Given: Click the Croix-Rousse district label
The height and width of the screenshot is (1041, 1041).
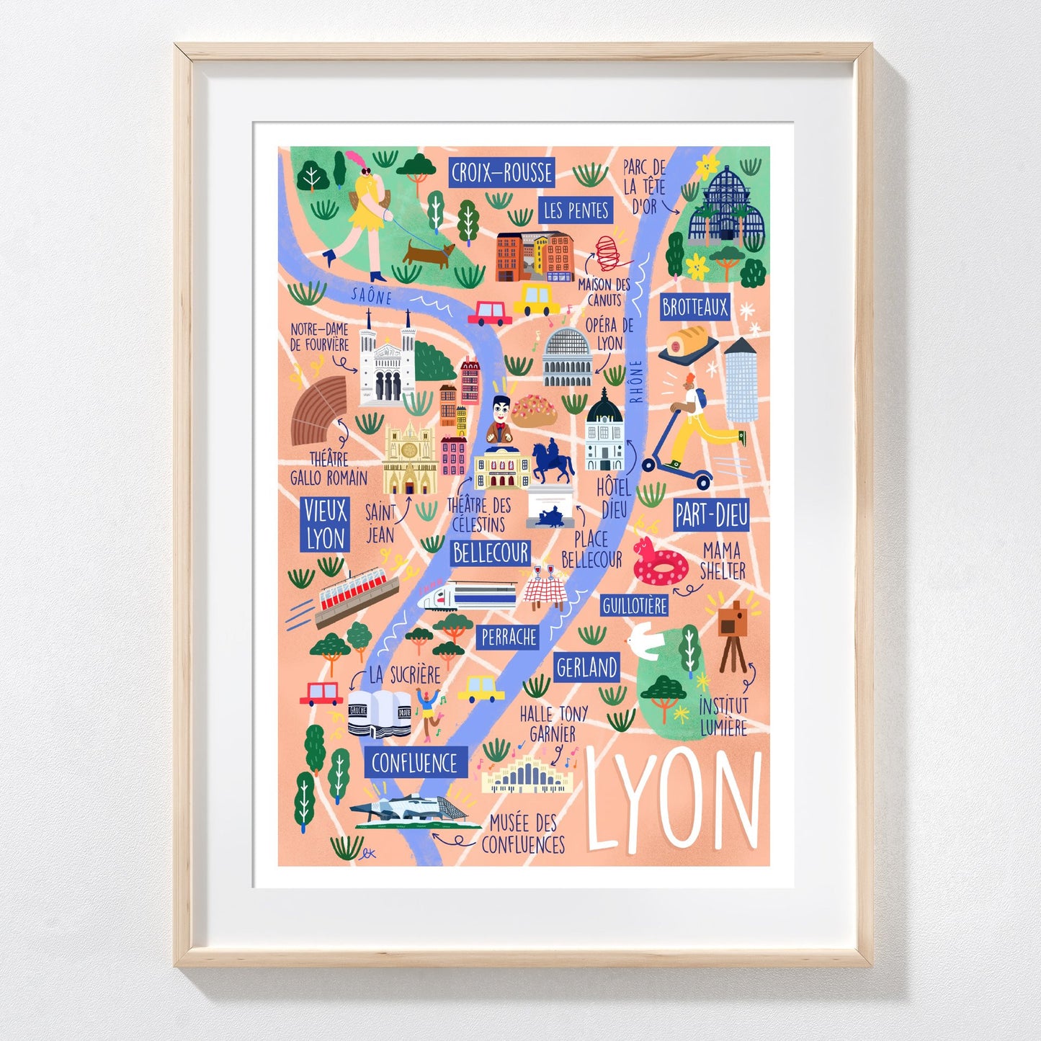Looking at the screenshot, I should coord(501,173).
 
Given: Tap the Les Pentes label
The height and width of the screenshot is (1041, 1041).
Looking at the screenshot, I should coord(576,210).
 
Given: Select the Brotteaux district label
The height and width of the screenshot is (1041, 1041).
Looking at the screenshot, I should coord(695,308).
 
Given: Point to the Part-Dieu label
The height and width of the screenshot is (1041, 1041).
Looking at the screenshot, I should coord(711,515).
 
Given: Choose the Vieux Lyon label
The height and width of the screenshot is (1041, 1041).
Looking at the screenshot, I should coord(325,524).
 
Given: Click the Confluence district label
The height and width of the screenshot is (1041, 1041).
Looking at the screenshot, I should coord(415,763).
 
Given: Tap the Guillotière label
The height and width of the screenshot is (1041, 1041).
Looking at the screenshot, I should coord(635,606).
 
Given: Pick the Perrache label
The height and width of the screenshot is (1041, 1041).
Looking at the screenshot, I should coord(509,637).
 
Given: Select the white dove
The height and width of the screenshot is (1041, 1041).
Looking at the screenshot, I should coord(645,640).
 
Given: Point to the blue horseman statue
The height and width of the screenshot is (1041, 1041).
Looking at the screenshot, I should coord(552,461).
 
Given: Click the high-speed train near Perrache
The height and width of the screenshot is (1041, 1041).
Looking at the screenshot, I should coord(468,596).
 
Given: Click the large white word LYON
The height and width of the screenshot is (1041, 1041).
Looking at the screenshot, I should coord(673,800).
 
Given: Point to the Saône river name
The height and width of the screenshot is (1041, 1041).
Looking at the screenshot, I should coord(372,295).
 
